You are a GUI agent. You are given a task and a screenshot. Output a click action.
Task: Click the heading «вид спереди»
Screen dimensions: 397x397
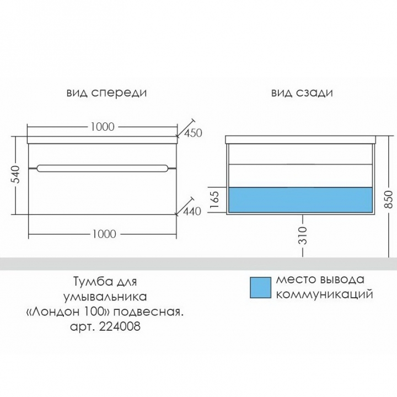(106, 93)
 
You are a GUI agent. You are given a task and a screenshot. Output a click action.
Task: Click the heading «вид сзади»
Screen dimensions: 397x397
(302, 93)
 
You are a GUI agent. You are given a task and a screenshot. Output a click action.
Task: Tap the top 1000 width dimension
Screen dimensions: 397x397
(103, 127)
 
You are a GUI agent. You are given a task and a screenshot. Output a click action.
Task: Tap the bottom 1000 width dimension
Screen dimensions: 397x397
(104, 234)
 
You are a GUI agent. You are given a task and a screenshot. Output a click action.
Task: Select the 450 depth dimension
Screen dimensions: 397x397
(193, 133)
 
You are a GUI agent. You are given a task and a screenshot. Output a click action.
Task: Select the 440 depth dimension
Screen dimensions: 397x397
(192, 211)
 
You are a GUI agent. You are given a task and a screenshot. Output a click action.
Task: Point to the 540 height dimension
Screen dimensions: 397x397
(15, 174)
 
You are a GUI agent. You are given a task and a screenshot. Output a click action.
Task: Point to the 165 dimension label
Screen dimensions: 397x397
(214, 200)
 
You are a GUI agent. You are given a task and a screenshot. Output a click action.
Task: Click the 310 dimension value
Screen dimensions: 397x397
(303, 235)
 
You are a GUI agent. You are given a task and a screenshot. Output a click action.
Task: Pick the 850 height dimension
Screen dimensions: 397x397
(388, 200)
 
